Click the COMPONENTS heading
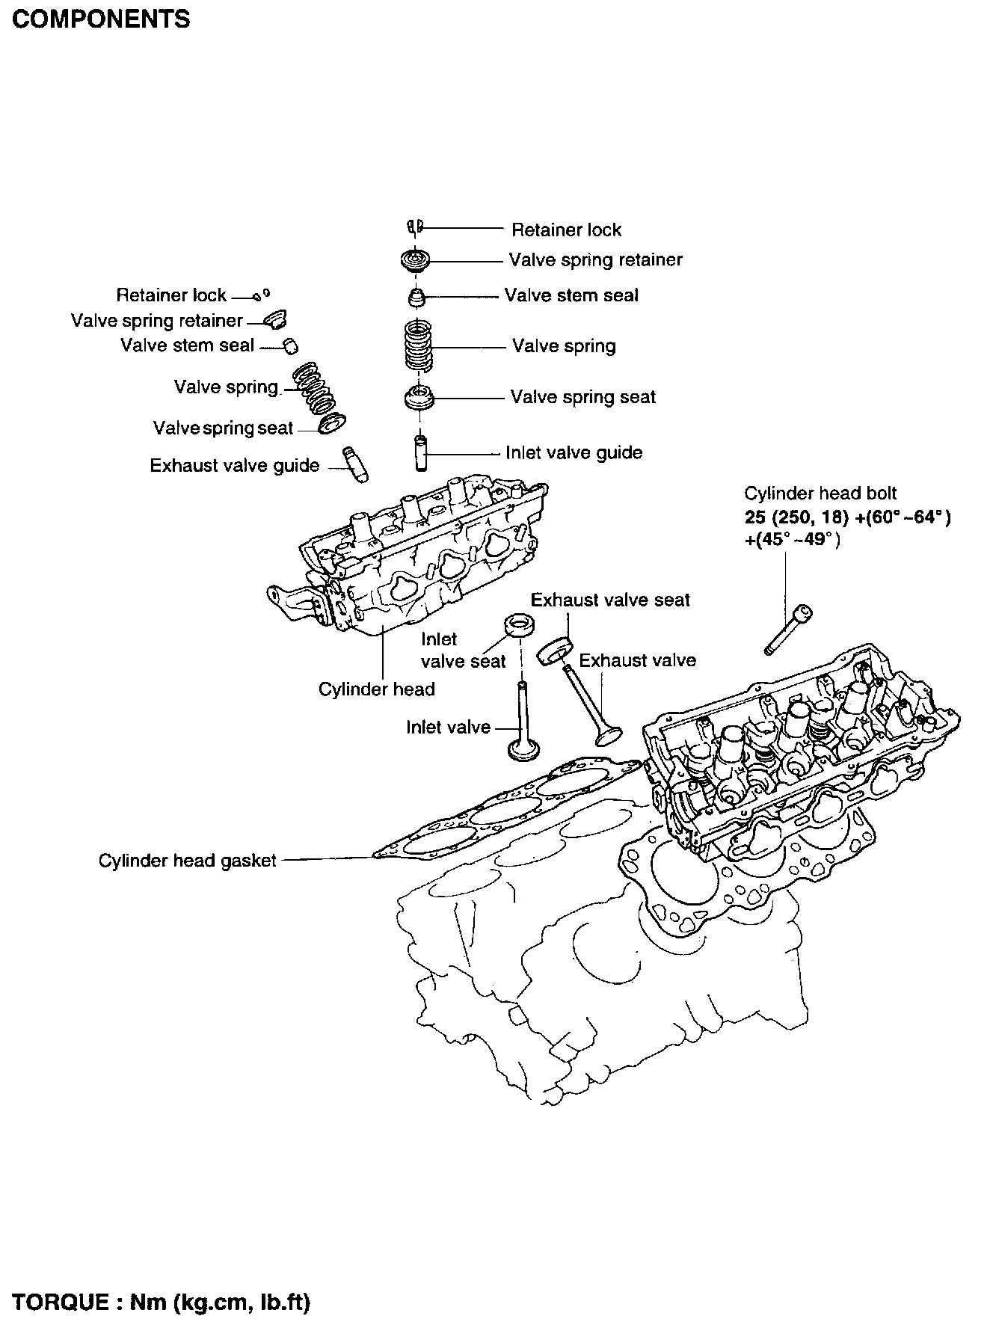[101, 19]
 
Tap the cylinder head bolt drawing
[788, 629]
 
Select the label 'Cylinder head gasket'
[188, 861]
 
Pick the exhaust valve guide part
[357, 465]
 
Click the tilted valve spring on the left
[313, 387]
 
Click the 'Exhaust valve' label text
[637, 660]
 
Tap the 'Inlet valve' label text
[449, 727]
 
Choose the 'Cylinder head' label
[377, 689]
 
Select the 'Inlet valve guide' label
[574, 452]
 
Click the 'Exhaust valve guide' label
[235, 466]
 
